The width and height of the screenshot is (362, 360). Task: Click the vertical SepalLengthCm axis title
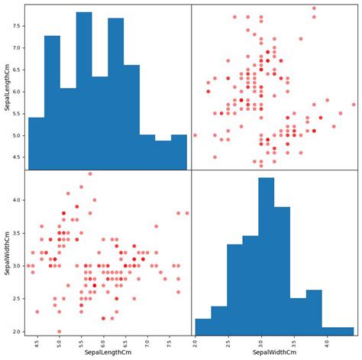pos(7,86)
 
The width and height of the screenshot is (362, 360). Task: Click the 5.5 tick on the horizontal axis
pos(81,342)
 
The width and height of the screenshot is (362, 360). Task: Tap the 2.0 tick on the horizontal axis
pos(195,342)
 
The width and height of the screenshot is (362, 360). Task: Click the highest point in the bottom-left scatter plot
pos(90,174)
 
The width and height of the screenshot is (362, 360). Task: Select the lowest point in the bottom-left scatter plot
pos(59,332)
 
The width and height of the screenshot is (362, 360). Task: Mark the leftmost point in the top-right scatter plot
pos(195,135)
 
